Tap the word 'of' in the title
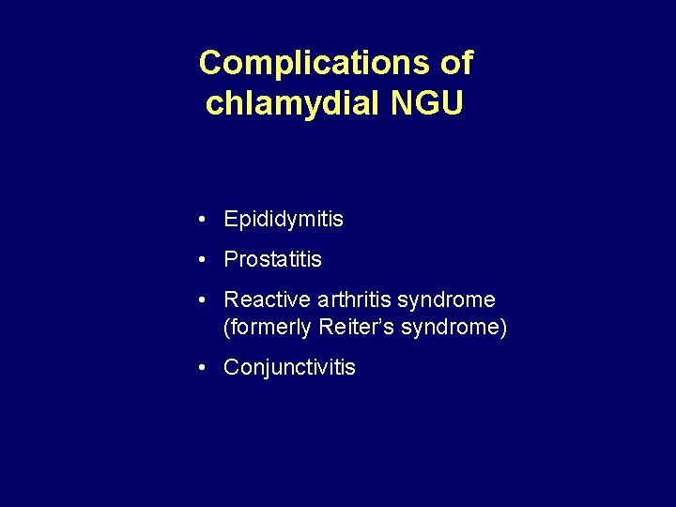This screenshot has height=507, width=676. point(455,64)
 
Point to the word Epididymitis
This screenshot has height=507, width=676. point(284,220)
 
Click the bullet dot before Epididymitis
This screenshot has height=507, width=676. point(203,220)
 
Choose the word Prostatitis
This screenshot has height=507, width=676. point(272,259)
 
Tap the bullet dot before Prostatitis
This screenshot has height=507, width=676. point(203,259)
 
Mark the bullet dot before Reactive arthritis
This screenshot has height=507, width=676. point(203,300)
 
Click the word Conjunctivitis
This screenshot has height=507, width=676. point(289,368)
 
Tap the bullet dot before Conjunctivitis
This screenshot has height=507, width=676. point(203,368)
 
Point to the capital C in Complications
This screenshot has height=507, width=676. point(209,64)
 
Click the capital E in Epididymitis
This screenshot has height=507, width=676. point(230,220)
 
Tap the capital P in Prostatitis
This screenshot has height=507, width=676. point(230,259)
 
